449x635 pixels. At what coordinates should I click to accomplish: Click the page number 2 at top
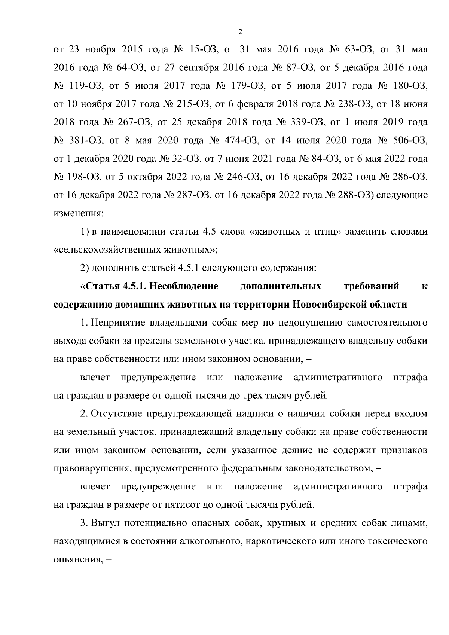pyautogui.click(x=240, y=32)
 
